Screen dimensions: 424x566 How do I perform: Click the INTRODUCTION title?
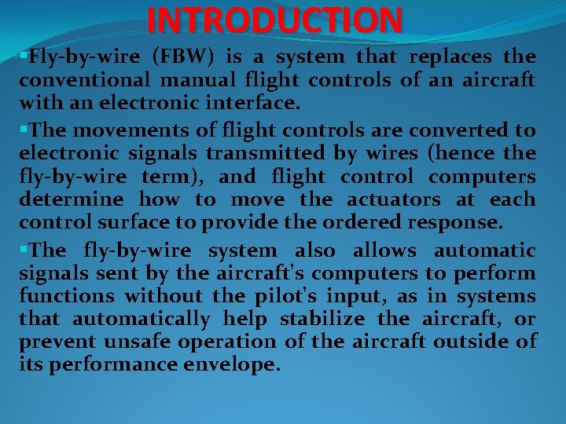pyautogui.click(x=274, y=20)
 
